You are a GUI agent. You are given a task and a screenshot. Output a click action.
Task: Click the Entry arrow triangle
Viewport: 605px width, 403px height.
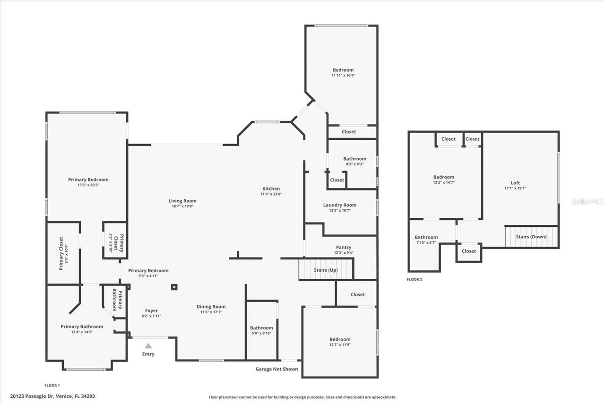(x=148, y=346)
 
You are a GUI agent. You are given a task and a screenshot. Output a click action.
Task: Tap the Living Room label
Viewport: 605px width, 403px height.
(x=182, y=201)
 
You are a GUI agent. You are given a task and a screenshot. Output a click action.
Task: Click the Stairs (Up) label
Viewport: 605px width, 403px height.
(x=326, y=270)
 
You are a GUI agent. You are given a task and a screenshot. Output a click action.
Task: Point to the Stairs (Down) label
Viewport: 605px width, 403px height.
(x=531, y=237)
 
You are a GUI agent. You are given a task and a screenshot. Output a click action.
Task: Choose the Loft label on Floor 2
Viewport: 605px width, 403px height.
(x=515, y=183)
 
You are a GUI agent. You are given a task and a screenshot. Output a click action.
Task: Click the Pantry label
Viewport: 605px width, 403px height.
(x=344, y=247)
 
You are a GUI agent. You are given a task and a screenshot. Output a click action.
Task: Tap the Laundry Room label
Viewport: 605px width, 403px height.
(x=340, y=205)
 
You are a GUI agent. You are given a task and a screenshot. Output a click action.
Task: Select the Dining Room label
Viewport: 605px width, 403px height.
(x=211, y=307)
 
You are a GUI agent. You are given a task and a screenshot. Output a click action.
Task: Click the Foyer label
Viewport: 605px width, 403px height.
(x=152, y=310)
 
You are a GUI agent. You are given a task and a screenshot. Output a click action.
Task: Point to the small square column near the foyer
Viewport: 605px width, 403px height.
(x=174, y=287)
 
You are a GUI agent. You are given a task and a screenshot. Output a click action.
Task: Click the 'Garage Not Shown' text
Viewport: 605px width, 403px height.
(x=277, y=369)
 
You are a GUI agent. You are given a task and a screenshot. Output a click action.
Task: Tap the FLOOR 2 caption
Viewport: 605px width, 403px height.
(x=415, y=279)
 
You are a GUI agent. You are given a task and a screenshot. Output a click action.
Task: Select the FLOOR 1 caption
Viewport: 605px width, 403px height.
(x=52, y=386)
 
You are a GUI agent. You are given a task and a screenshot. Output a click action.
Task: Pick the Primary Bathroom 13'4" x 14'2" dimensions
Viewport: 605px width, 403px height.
(x=82, y=332)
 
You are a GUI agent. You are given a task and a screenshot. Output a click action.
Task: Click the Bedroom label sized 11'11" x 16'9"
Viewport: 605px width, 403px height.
(x=343, y=70)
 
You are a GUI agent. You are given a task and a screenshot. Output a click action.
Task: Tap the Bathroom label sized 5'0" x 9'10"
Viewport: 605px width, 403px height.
(x=261, y=328)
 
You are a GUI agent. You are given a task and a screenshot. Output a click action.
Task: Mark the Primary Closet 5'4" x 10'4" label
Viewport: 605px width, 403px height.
(x=63, y=254)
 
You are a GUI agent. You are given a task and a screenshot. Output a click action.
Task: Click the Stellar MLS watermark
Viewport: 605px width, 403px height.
(x=587, y=201)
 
